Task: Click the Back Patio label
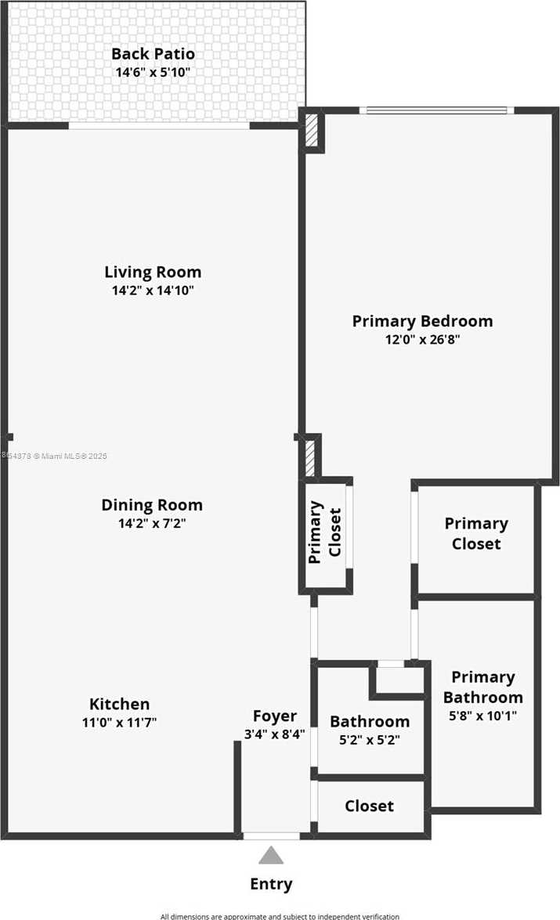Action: (x=153, y=54)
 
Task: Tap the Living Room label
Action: (x=153, y=272)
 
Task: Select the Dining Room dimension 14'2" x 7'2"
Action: (x=153, y=523)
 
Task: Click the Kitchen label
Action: (x=119, y=704)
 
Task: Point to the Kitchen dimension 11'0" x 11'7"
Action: (x=119, y=722)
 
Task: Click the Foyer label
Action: (x=274, y=716)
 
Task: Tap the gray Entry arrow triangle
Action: (x=271, y=855)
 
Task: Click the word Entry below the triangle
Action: (x=271, y=884)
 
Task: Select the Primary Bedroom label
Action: (x=422, y=321)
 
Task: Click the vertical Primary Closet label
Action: (x=325, y=532)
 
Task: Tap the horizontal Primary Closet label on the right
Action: (x=476, y=533)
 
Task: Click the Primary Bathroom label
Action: (x=482, y=687)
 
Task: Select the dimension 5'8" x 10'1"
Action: (x=482, y=715)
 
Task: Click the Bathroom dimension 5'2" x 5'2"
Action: (x=369, y=740)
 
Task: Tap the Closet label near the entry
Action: (x=369, y=806)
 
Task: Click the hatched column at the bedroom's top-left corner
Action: (x=313, y=130)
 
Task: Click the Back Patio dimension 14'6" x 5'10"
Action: (x=153, y=72)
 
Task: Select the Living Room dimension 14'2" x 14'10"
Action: (x=153, y=290)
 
